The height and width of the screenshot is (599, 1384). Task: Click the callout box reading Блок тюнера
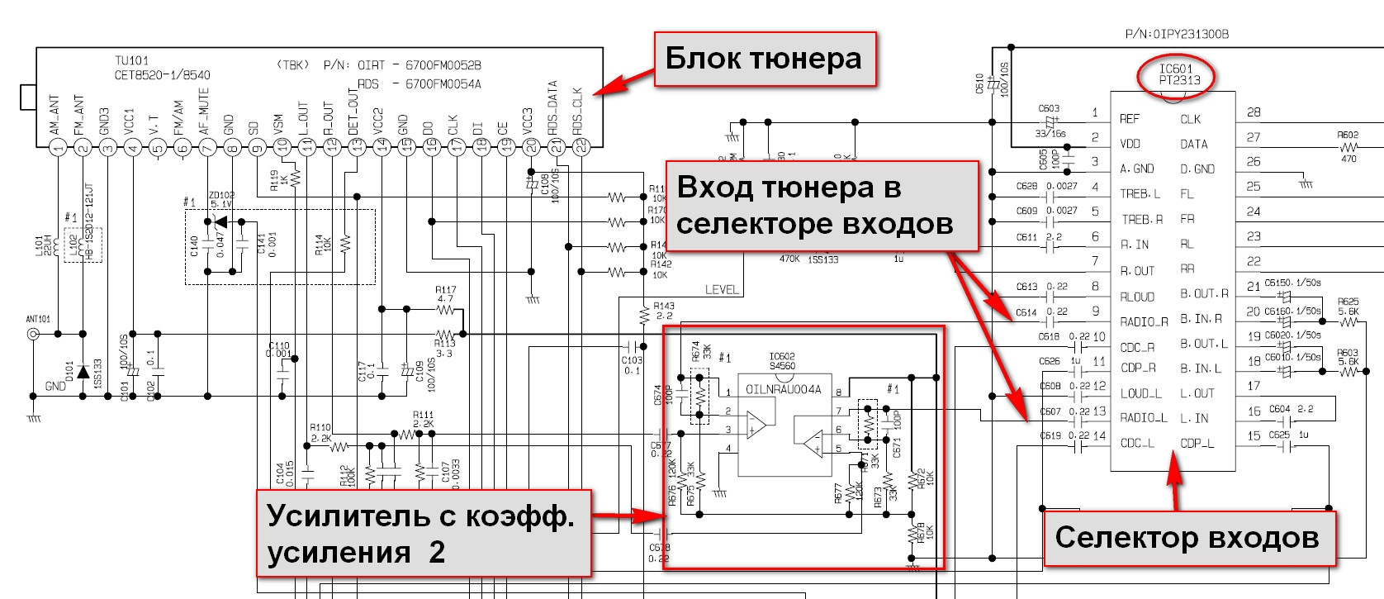tap(765, 59)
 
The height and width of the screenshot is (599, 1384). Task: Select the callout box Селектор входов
tap(1187, 539)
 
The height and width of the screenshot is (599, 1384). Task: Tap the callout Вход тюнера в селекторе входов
tap(821, 206)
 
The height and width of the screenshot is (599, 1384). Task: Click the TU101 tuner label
tap(132, 60)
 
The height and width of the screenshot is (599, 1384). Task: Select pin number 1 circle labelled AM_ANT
tap(58, 148)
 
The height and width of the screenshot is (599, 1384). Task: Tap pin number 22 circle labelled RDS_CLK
tap(581, 148)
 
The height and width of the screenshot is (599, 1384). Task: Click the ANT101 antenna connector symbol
tap(34, 334)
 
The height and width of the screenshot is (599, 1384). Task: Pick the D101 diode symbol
tap(83, 373)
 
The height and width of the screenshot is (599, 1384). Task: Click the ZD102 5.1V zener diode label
tap(222, 200)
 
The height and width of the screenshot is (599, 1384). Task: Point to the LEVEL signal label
tap(722, 290)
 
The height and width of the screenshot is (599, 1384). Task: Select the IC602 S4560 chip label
tap(782, 361)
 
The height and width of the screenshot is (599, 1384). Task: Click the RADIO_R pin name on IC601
tap(1144, 321)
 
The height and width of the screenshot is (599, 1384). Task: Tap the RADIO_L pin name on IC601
tap(1144, 418)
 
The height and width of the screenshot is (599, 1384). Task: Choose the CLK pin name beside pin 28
tap(1190, 119)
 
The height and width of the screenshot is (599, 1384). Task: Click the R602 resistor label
tap(1348, 135)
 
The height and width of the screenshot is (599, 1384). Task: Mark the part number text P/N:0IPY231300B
tap(1177, 34)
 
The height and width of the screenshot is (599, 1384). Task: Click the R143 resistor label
tap(664, 311)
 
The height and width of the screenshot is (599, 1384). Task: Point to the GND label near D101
tap(55, 386)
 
